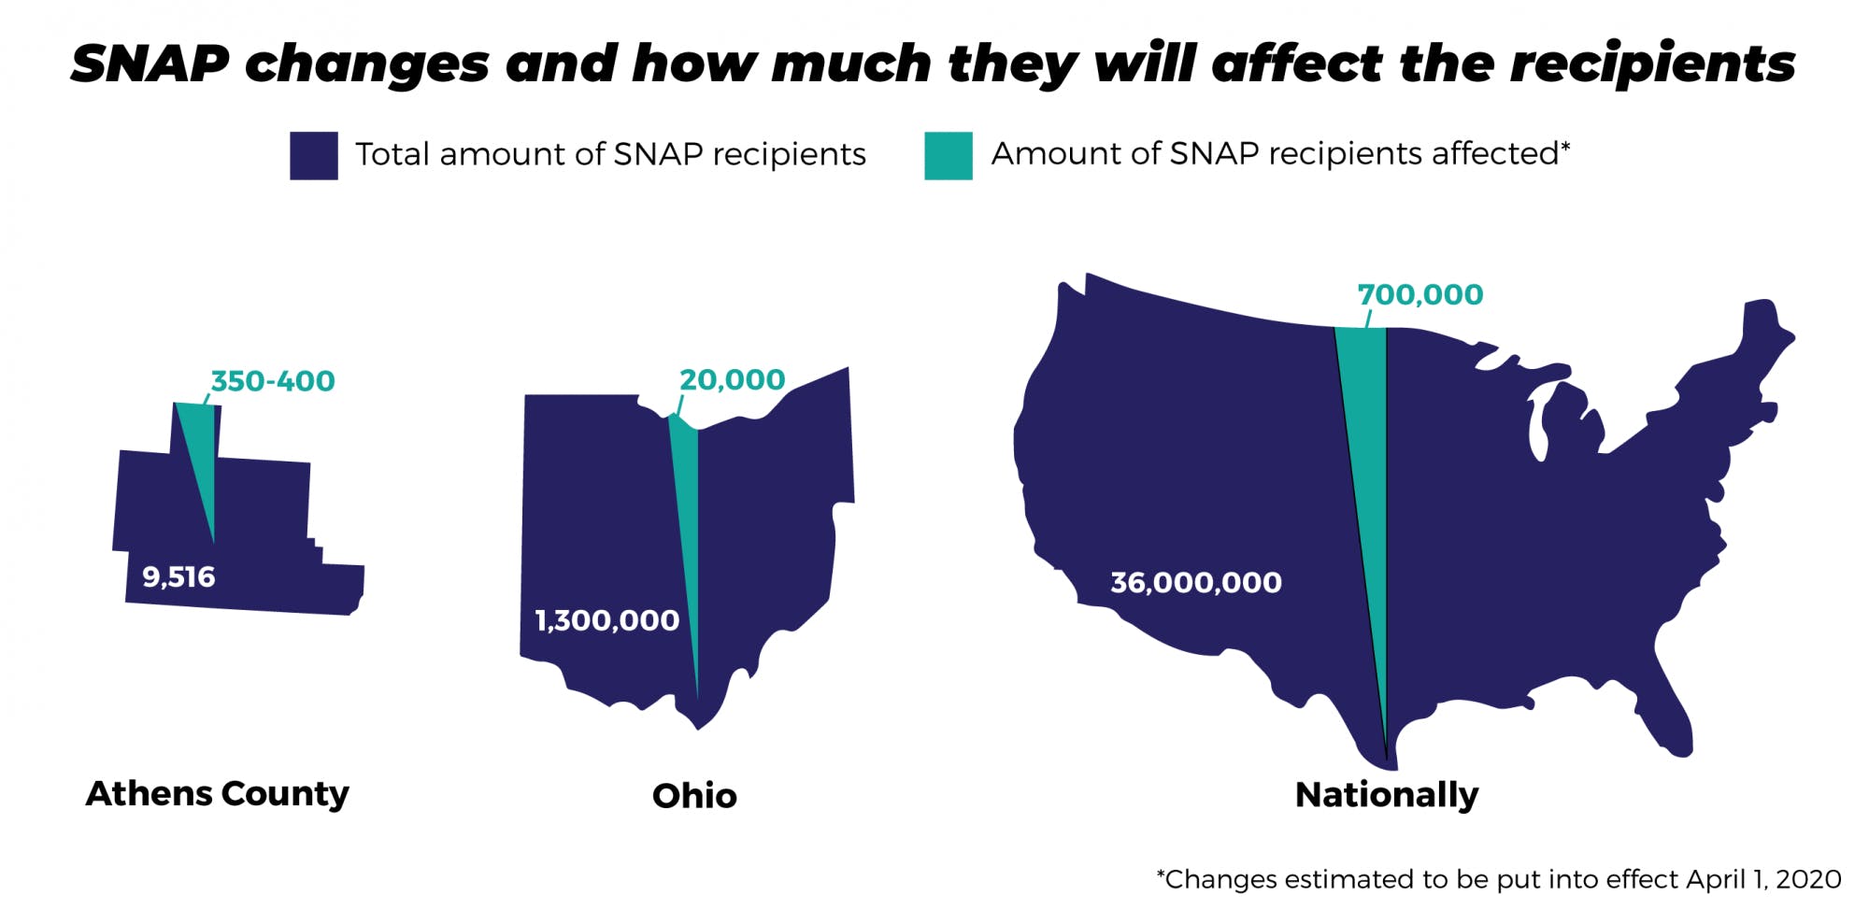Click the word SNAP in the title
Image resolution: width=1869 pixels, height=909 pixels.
(x=150, y=64)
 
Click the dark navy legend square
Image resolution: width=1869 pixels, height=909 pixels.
(x=313, y=155)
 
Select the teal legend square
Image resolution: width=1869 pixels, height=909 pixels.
(x=948, y=155)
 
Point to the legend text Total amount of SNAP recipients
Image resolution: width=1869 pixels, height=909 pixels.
(x=610, y=154)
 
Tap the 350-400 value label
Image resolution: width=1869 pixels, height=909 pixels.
(x=272, y=381)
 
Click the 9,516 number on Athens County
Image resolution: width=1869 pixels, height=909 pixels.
(x=178, y=577)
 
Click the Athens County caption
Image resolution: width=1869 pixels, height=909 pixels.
(x=217, y=793)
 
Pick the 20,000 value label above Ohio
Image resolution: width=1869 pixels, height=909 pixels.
(x=732, y=380)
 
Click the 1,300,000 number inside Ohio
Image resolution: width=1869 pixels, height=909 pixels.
(x=606, y=620)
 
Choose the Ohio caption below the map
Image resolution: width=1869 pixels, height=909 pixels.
(x=694, y=796)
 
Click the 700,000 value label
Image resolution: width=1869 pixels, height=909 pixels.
(x=1420, y=295)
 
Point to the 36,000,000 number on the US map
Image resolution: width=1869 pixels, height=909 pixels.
(x=1195, y=583)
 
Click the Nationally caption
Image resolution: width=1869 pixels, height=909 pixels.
(x=1387, y=795)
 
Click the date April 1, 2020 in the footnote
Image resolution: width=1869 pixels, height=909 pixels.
(x=1763, y=879)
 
